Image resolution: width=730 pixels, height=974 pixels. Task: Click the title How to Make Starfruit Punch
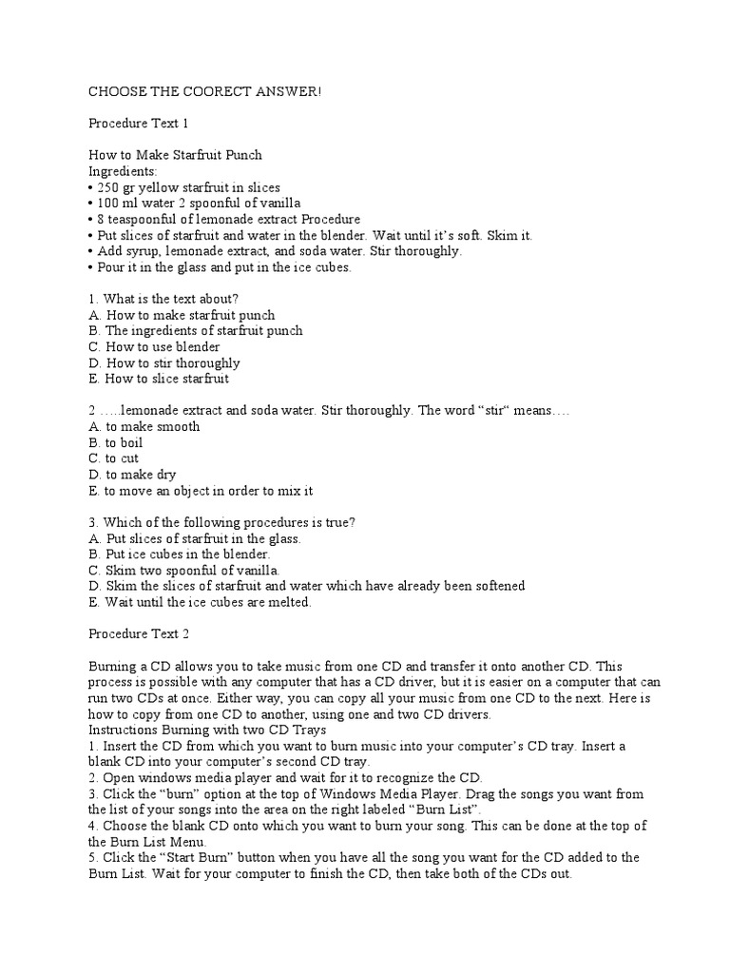pyautogui.click(x=175, y=155)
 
